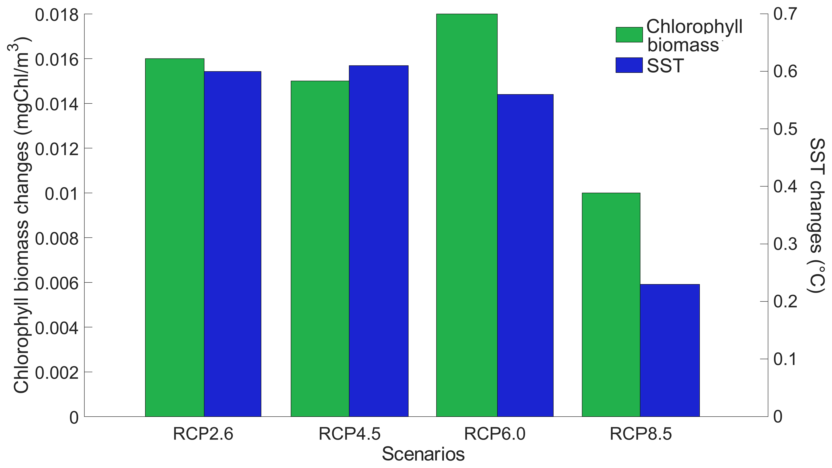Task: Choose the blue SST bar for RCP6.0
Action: tap(525, 255)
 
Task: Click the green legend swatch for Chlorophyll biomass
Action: tap(629, 35)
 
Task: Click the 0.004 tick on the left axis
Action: tap(57, 328)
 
